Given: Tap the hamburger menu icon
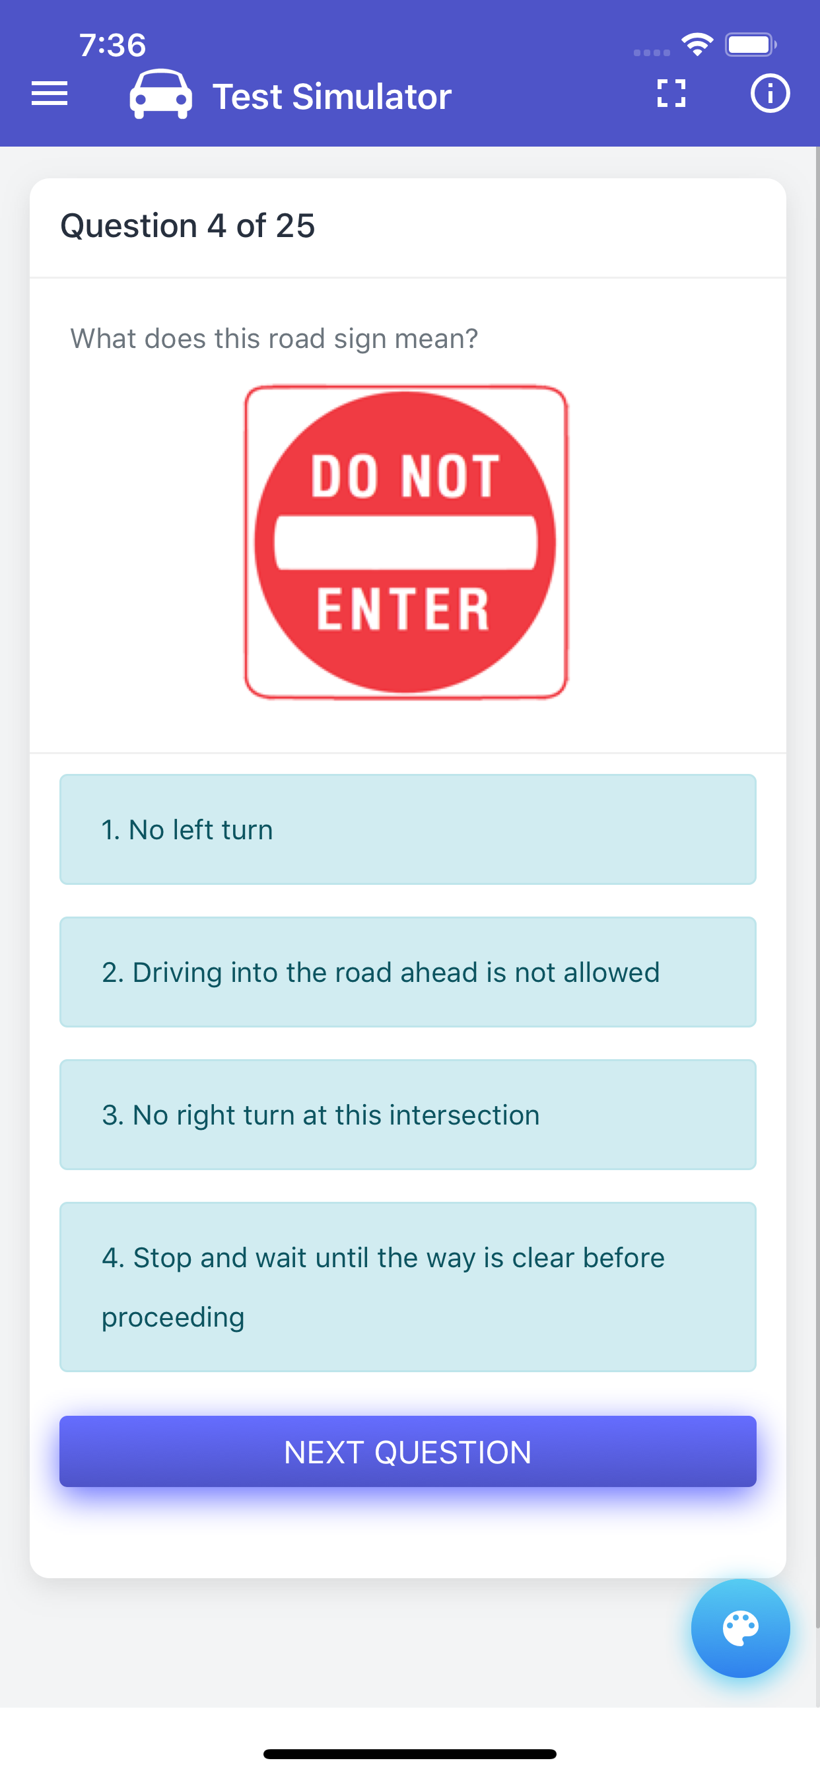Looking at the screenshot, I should pyautogui.click(x=50, y=94).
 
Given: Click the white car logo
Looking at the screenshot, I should pyautogui.click(x=160, y=94).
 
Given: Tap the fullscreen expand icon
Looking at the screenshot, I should pyautogui.click(x=671, y=94).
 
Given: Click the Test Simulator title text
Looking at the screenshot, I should pyautogui.click(x=331, y=96).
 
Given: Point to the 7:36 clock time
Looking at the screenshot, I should pyautogui.click(x=112, y=46).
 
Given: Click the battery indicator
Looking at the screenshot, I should pyautogui.click(x=750, y=45).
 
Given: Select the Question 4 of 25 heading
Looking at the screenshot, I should pyautogui.click(x=188, y=226).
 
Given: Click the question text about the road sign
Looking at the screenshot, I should pyautogui.click(x=274, y=338).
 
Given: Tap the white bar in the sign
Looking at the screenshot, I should pyautogui.click(x=406, y=542).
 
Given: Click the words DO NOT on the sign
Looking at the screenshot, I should pyautogui.click(x=405, y=476).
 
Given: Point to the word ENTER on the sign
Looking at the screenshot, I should pyautogui.click(x=403, y=609).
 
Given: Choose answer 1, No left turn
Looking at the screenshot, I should pyautogui.click(x=408, y=829).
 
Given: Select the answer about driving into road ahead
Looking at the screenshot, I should pyautogui.click(x=408, y=972).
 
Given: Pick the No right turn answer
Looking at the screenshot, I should pyautogui.click(x=408, y=1115).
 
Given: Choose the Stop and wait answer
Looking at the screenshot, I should pyautogui.click(x=408, y=1287).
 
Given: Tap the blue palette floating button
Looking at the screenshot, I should pyautogui.click(x=740, y=1628).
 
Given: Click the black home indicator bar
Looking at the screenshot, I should pyautogui.click(x=410, y=1754).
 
